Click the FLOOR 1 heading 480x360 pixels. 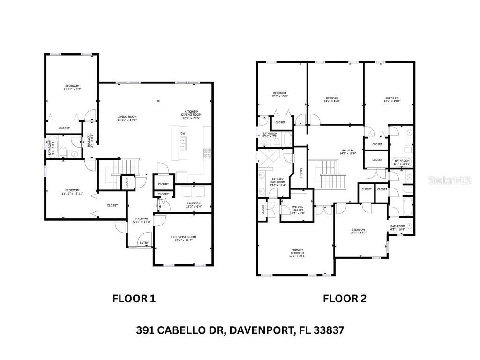tap(134, 298)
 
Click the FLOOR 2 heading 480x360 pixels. tap(345, 298)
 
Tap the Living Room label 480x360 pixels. tap(127, 117)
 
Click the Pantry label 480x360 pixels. tap(164, 184)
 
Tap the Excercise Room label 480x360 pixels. tap(183, 237)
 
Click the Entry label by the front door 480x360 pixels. tap(144, 243)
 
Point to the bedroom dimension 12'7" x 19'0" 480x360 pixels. tap(391, 101)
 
